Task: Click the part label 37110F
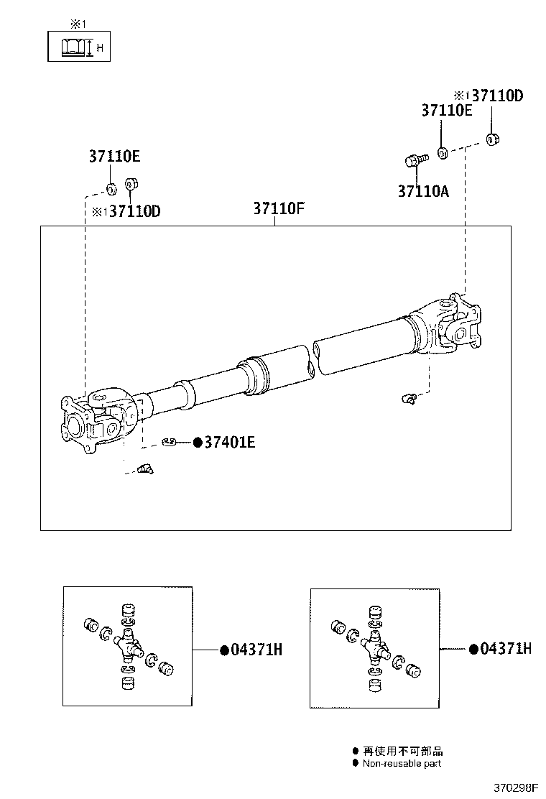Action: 279,209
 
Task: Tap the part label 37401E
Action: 229,443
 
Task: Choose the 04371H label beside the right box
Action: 505,649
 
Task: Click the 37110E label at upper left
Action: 114,156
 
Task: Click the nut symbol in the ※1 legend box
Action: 71,48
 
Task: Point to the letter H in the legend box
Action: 99,48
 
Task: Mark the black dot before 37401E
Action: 196,443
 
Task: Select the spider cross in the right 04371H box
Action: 374,642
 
